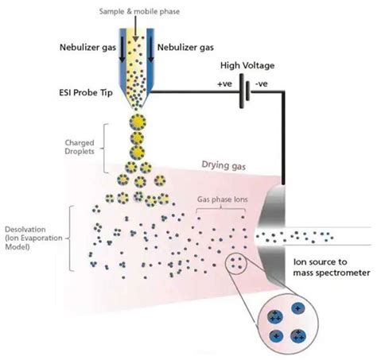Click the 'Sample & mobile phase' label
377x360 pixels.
coord(137,12)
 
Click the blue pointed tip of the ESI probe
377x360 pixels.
coord(135,102)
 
